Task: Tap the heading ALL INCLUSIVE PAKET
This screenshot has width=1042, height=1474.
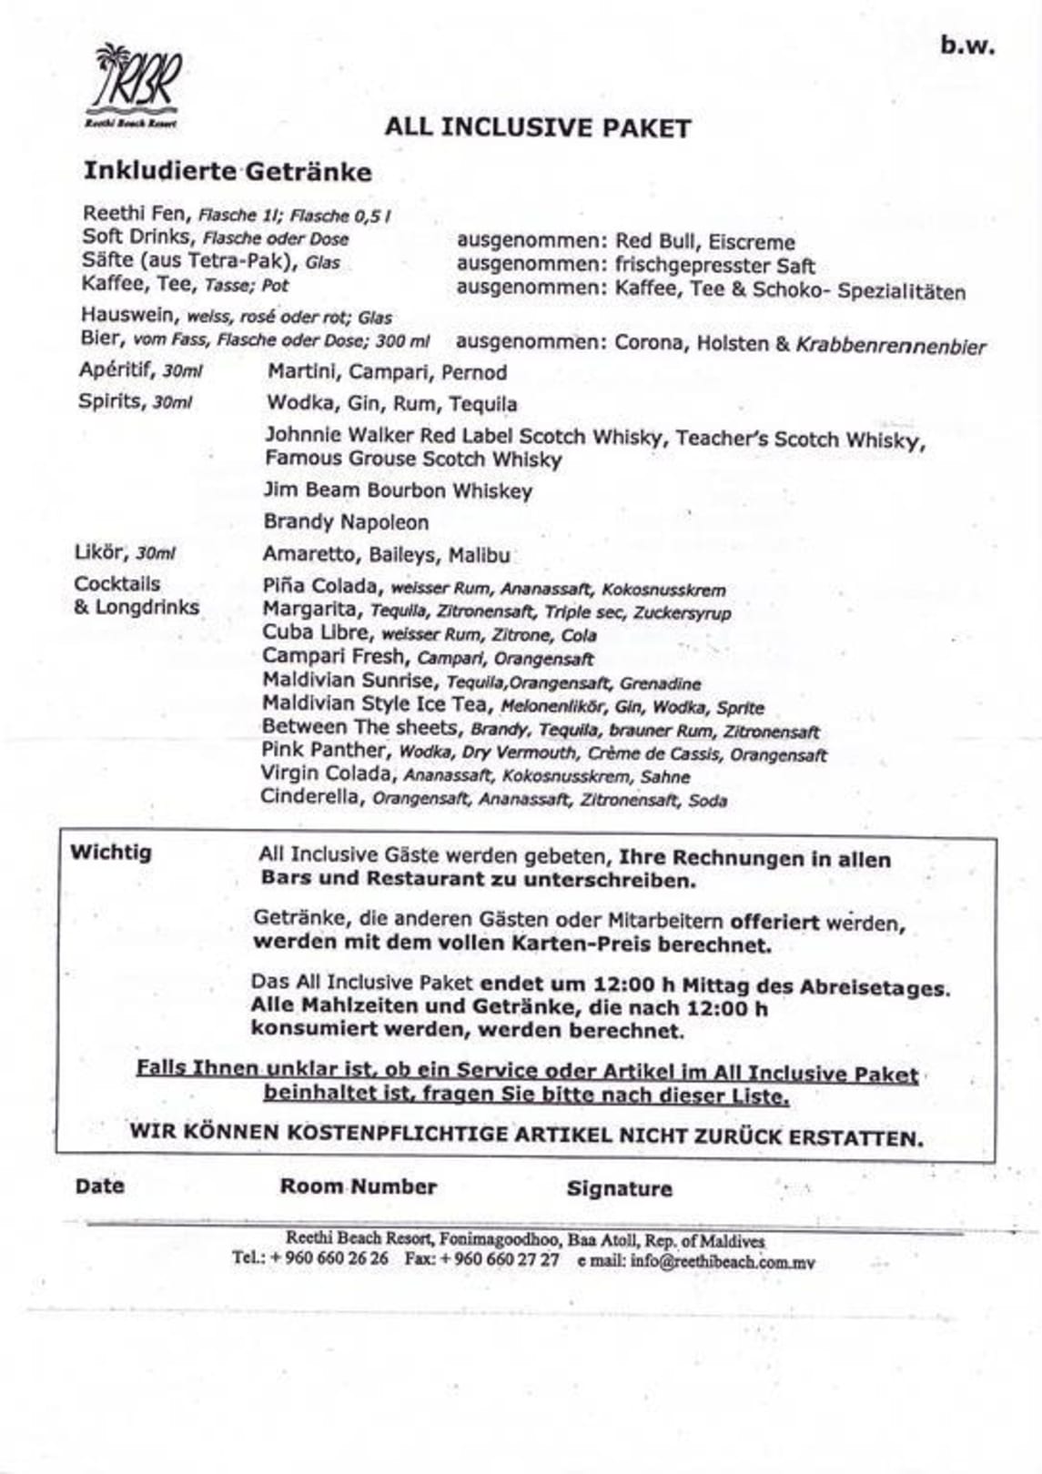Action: [537, 128]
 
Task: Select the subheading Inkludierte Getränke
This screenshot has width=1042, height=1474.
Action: [228, 172]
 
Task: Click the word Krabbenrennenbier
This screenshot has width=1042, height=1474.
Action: [891, 346]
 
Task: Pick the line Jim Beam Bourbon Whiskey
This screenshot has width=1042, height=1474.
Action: [398, 490]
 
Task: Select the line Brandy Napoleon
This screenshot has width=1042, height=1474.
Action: [346, 522]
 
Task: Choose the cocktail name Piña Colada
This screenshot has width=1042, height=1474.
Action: [319, 586]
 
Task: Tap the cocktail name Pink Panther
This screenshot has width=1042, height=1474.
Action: [323, 751]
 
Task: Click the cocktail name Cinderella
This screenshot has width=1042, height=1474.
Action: [312, 797]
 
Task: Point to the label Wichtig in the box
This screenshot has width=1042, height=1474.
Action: [111, 853]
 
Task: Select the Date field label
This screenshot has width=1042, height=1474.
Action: [99, 1186]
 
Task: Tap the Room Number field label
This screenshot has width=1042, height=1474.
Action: [358, 1186]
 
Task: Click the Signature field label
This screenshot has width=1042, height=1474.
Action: [619, 1188]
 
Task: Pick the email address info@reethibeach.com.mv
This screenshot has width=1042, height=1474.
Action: [723, 1263]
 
